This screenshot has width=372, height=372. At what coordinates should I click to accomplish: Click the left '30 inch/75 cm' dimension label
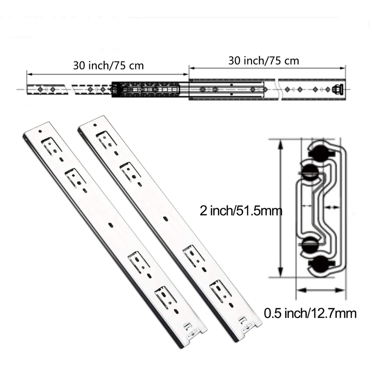pos(108,66)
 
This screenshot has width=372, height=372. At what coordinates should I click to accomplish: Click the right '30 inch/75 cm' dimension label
pos(264,61)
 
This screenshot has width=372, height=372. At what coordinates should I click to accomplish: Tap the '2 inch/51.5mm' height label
pos(241,211)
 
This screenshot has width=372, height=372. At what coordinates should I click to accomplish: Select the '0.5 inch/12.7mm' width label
pos(310,313)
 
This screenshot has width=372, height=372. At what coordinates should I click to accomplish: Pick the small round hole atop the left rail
pos(40,131)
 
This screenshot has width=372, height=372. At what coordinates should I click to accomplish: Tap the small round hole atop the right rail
pos(95,125)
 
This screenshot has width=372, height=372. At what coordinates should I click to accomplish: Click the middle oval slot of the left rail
pos(111,225)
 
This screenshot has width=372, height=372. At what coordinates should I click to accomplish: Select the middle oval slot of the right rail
pos(166,219)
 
